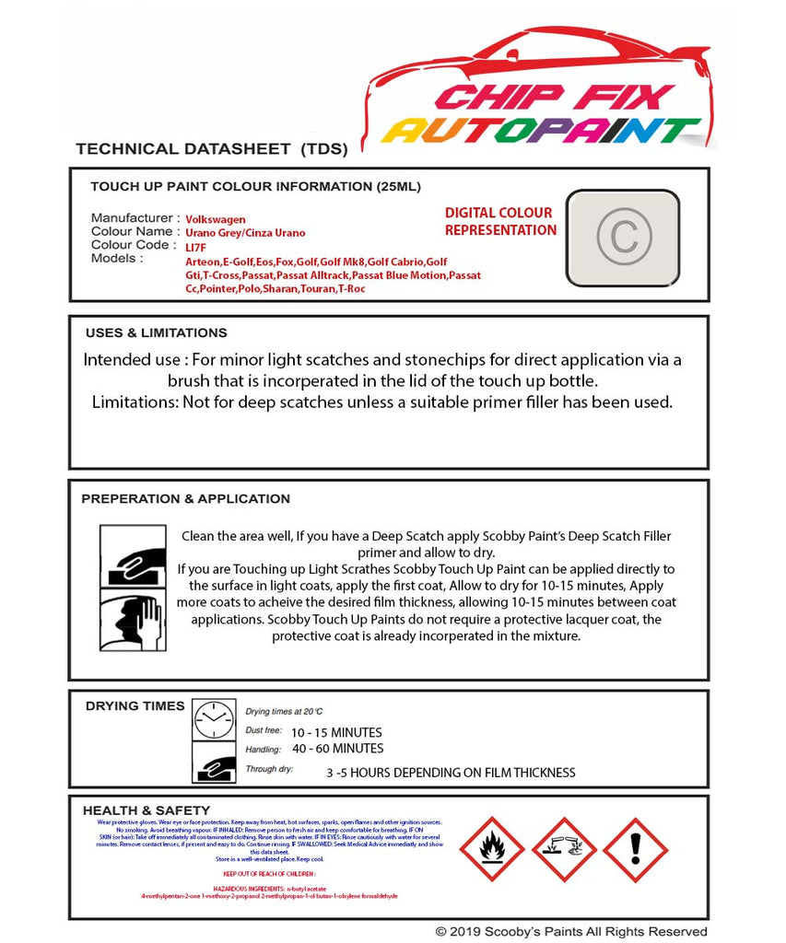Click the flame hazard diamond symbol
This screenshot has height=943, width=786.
click(492, 848)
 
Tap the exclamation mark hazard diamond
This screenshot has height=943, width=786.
click(635, 848)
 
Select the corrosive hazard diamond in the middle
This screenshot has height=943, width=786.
click(563, 848)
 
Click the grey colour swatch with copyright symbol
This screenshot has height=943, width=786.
click(622, 238)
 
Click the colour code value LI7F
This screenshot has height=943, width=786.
click(196, 247)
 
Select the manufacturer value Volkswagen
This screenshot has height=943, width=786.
click(216, 219)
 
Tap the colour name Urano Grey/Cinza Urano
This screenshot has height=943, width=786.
click(245, 233)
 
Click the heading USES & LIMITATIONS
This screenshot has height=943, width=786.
click(156, 332)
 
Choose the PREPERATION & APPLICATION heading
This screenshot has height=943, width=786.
click(185, 498)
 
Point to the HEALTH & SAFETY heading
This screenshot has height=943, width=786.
click(137, 810)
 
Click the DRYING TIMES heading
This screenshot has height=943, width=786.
click(135, 705)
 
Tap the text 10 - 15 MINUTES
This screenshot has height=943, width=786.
click(335, 733)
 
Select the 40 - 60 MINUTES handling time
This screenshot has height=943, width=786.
click(337, 749)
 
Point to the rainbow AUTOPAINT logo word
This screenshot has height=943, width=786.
click(542, 131)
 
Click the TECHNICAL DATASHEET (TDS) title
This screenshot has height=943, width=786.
click(211, 148)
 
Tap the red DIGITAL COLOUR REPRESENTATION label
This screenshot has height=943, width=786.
click(500, 221)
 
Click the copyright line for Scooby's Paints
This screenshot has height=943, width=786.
click(571, 932)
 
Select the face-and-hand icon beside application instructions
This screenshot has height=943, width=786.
click(132, 622)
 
